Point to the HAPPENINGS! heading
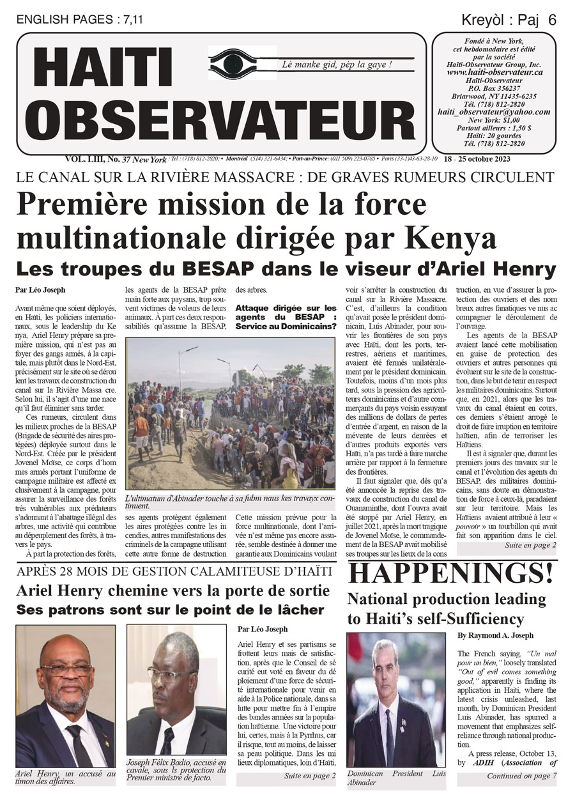pyautogui.click(x=450, y=573)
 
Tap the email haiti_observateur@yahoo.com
pyautogui.click(x=494, y=111)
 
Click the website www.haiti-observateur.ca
pyautogui.click(x=494, y=73)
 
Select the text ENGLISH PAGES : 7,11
pyautogui.click(x=80, y=20)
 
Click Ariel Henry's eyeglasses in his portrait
pyautogui.click(x=66, y=670)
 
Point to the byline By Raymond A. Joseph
pyautogui.click(x=496, y=636)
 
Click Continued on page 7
pyautogui.click(x=521, y=776)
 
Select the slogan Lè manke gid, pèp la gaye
pyautogui.click(x=337, y=65)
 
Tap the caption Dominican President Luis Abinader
pyautogui.click(x=396, y=777)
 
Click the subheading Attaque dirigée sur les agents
pyautogui.click(x=286, y=317)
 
